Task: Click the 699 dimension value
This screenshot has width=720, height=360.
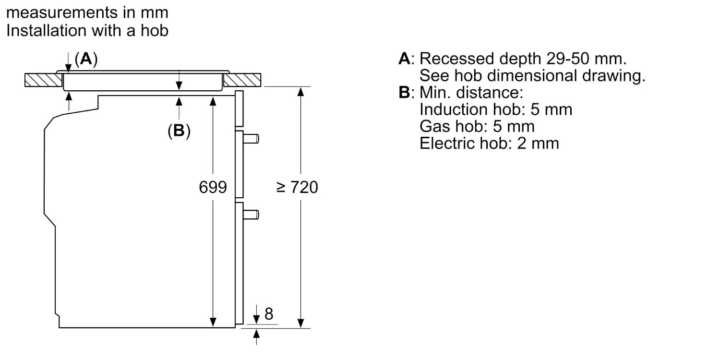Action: [x=213, y=187]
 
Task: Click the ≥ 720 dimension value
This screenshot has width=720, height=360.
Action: [x=297, y=187]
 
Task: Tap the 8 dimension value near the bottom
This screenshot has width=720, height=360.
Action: [x=269, y=314]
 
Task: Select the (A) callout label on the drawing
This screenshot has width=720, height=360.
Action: [x=86, y=59]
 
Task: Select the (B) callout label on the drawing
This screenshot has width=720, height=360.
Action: [x=179, y=131]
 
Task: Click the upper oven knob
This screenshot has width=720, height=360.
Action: [x=251, y=139]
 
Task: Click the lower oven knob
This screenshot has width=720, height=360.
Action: [x=251, y=215]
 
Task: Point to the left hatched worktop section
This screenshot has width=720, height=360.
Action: [x=43, y=80]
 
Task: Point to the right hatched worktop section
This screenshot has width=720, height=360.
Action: [x=242, y=80]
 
